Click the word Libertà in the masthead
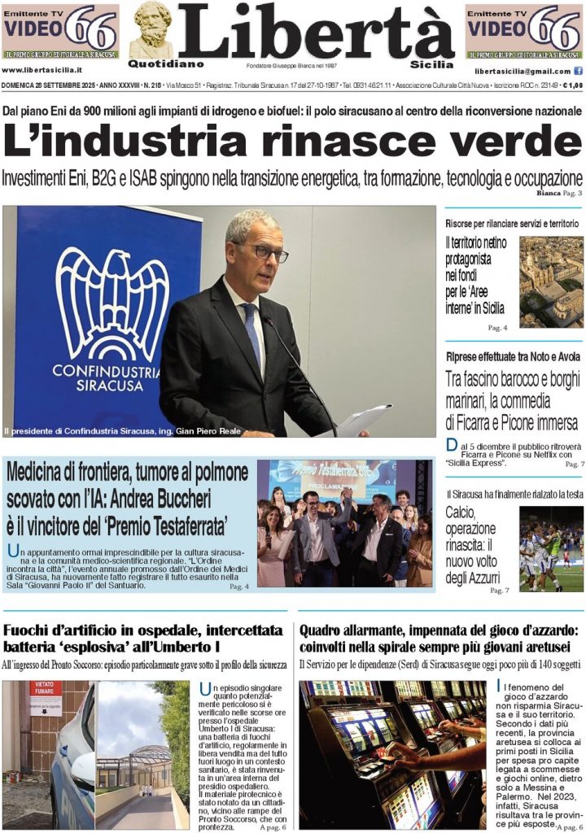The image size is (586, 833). pos(316,33)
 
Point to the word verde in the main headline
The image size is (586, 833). pos(501,143)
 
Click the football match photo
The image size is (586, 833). pos(551,548)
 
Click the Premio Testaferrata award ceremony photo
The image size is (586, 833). pos(344,524)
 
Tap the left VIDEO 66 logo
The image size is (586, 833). pos(60,31)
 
